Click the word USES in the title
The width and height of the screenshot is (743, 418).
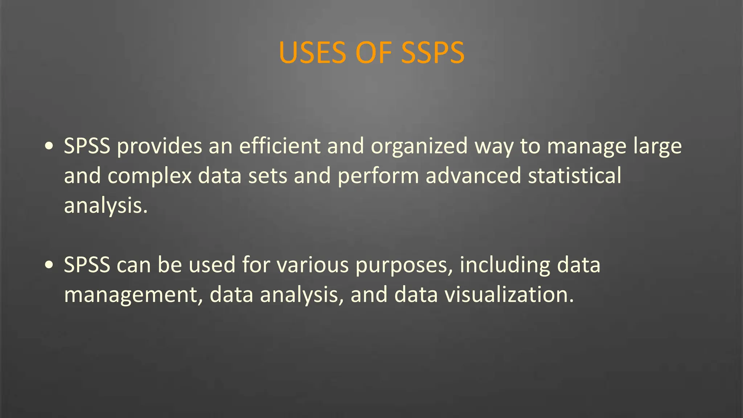313,53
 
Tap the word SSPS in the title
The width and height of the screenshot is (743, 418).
432,53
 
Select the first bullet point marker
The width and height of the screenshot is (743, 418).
49,146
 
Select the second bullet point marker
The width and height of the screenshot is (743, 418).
49,265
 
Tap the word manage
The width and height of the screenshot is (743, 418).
587,147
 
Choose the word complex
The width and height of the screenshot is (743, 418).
149,176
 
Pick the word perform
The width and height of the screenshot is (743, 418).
378,176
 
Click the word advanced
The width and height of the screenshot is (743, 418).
473,176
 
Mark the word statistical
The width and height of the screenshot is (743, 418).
575,176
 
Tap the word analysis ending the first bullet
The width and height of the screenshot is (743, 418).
106,206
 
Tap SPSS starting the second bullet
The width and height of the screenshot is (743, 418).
87,265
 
